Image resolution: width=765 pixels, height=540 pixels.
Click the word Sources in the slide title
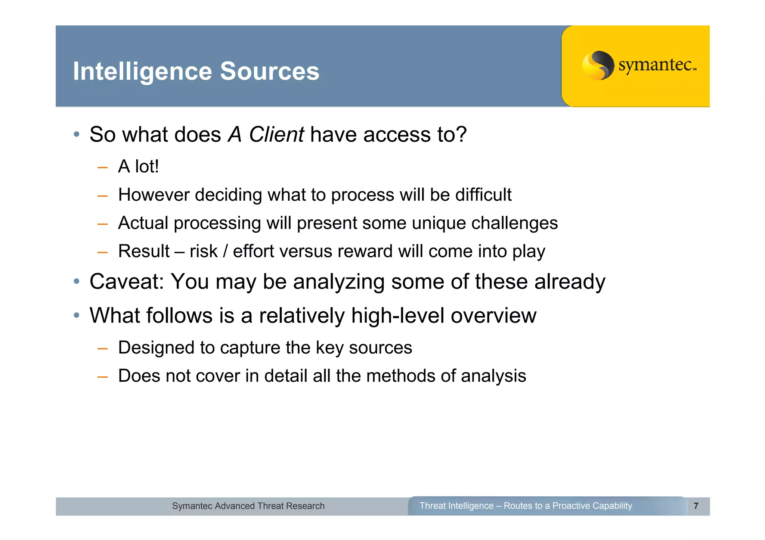[x=270, y=71]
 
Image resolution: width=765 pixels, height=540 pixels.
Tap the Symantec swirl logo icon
[x=598, y=65]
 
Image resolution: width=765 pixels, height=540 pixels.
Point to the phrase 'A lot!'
[x=138, y=166]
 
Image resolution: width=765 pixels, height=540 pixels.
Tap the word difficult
[x=483, y=195]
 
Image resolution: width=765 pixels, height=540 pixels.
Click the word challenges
[x=514, y=223]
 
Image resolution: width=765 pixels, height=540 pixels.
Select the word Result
[x=144, y=251]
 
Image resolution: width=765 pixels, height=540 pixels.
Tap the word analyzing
[x=339, y=282]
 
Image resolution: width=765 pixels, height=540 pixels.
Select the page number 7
[x=696, y=506]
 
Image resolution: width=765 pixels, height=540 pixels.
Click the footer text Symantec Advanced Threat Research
[x=248, y=506]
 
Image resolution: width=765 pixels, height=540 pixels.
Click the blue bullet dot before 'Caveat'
[x=77, y=281]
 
